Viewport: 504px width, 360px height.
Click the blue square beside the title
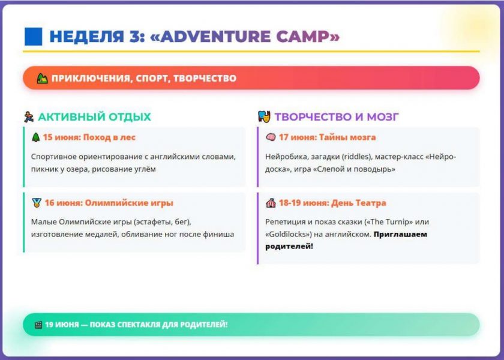[34, 37]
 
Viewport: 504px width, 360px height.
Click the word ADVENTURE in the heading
[215, 37]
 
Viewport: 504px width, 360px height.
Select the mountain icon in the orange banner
[42, 78]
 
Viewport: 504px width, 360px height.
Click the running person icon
[29, 116]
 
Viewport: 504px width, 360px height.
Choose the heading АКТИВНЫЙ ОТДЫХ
[95, 116]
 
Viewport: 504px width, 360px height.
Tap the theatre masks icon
[264, 116]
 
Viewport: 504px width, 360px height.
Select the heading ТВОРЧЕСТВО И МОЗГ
[337, 116]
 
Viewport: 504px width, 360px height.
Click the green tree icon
[35, 137]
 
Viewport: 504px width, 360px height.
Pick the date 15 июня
[61, 137]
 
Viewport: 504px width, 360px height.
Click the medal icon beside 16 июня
[37, 203]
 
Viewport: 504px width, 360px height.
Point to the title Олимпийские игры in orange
[129, 203]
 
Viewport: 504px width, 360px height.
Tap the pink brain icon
[271, 137]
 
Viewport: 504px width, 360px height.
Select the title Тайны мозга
[347, 137]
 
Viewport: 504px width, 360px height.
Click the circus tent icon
[271, 203]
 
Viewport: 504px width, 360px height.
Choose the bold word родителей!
[289, 247]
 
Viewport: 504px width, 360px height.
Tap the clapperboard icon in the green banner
[38, 325]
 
